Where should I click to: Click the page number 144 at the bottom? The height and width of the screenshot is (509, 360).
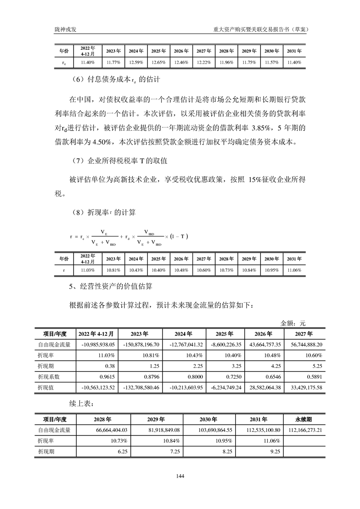(180, 476)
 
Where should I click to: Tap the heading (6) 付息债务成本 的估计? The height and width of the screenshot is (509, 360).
(117, 79)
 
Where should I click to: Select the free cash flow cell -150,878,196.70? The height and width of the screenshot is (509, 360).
(140, 344)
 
